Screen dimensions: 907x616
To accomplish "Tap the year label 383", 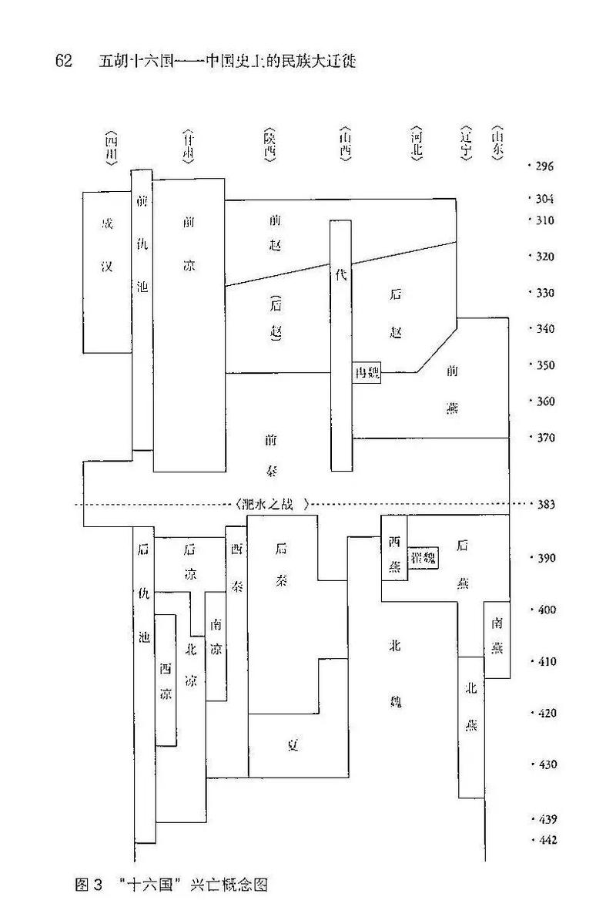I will tap(544, 505).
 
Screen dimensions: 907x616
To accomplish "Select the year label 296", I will tap(544, 166).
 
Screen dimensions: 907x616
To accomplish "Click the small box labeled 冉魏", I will tap(366, 373).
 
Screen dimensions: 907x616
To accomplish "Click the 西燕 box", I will tap(394, 554).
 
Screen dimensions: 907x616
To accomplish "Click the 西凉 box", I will tap(166, 680).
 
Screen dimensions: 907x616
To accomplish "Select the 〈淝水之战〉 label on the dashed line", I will tap(274, 505).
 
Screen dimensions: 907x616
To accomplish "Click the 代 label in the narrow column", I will tap(342, 276).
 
